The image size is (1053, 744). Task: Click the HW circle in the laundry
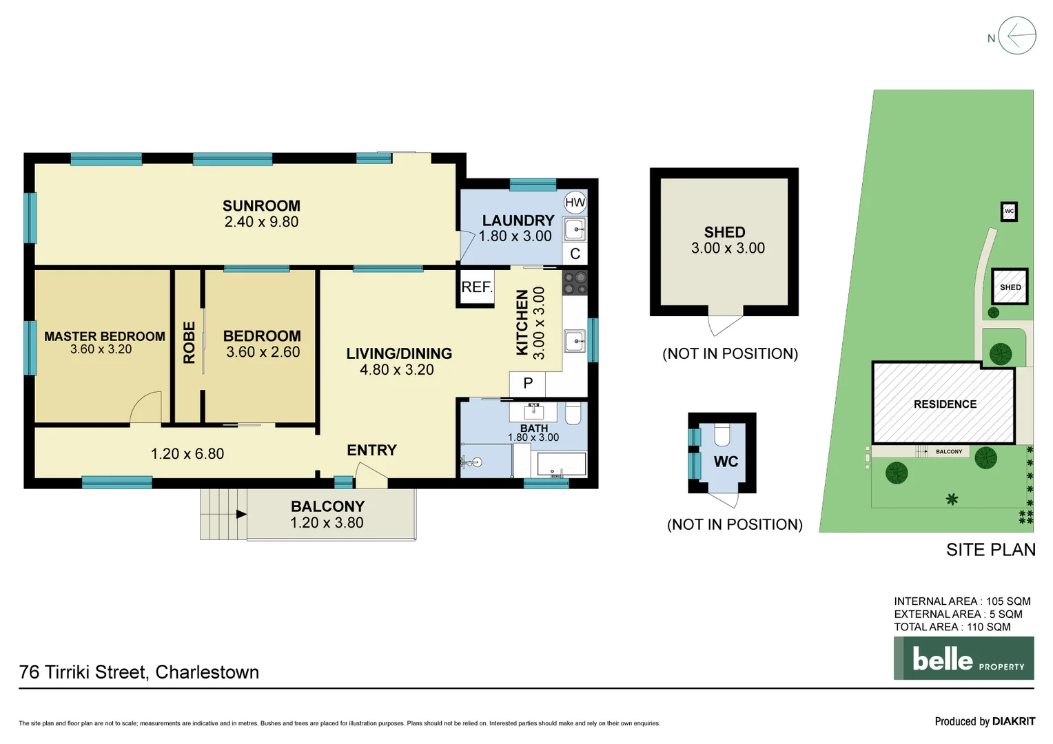[x=575, y=203]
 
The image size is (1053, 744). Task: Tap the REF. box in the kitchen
[x=476, y=287]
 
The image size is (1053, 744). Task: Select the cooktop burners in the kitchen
[x=575, y=282]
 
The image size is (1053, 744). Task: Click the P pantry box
[x=528, y=384]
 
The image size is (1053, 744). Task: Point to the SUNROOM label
[x=261, y=206]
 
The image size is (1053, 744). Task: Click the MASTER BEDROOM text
[x=105, y=336]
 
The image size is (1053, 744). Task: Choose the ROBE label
[x=189, y=342]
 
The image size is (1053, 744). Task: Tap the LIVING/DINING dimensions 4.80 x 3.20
[x=397, y=370]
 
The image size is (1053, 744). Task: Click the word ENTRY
[x=371, y=451]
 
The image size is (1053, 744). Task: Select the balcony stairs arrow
[x=241, y=514]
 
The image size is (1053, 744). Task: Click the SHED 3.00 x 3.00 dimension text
[x=728, y=249]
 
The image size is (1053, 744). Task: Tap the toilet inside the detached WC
[x=722, y=435]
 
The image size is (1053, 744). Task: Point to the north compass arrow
[x=1017, y=36]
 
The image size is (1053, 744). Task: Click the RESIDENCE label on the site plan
[x=945, y=404]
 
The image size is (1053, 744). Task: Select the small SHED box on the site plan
[x=1010, y=287]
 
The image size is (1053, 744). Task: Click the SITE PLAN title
[x=990, y=550]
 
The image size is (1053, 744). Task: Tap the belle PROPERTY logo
[x=963, y=659]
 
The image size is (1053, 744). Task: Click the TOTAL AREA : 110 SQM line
[x=952, y=627]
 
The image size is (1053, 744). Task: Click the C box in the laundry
[x=575, y=254]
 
